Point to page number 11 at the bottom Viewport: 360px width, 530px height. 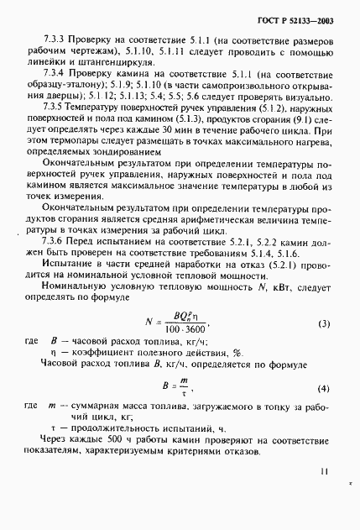pyautogui.click(x=326, y=472)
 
